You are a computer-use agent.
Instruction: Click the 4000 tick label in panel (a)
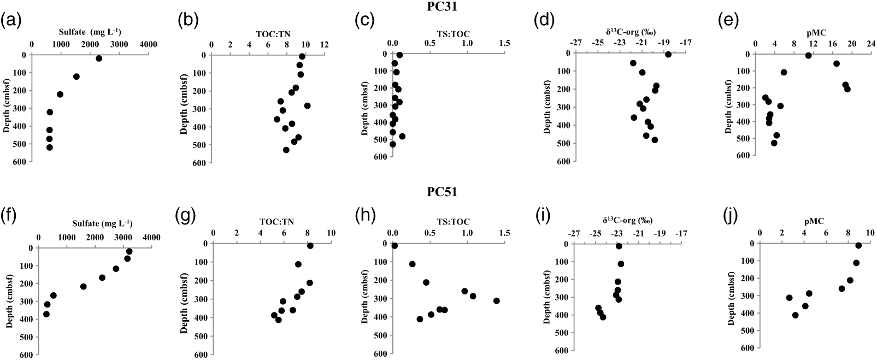148,44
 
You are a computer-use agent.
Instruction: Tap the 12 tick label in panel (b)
325,44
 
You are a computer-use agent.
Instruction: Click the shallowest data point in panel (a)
99,58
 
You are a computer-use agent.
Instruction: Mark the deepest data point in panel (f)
46,314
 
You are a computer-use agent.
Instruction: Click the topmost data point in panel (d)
668,54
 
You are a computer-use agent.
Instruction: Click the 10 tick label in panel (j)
869,233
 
